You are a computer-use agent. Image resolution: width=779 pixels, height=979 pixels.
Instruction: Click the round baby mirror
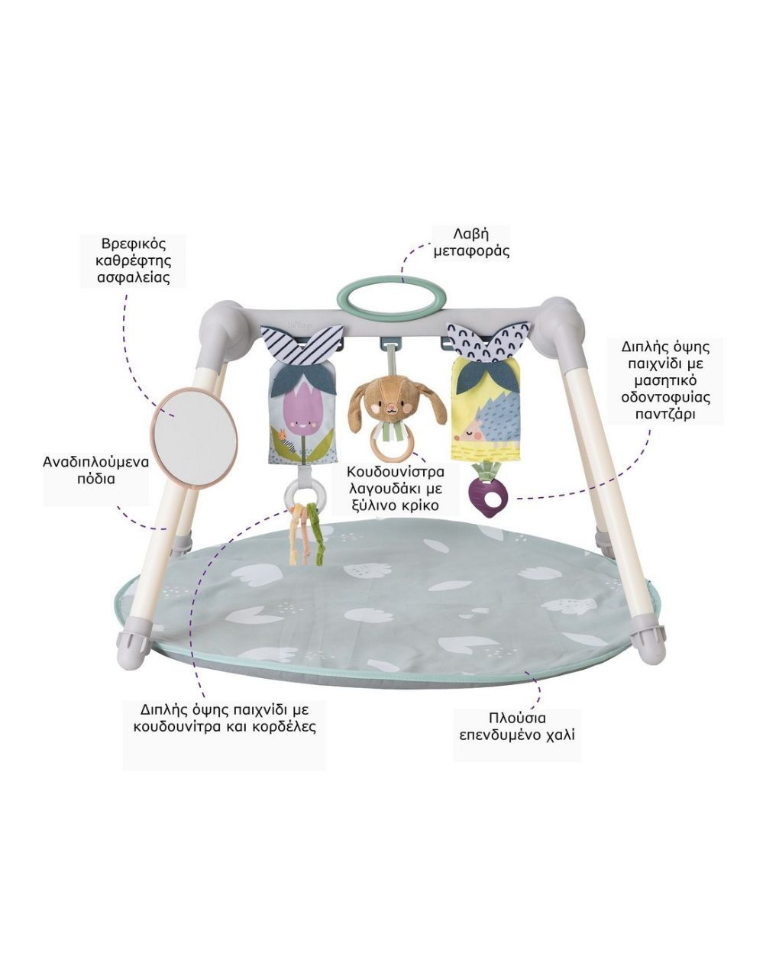coord(193,437)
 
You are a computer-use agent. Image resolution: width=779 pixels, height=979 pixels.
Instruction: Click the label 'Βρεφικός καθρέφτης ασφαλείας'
coord(134,261)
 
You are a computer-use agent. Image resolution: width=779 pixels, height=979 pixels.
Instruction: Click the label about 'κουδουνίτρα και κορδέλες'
coord(224,717)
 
